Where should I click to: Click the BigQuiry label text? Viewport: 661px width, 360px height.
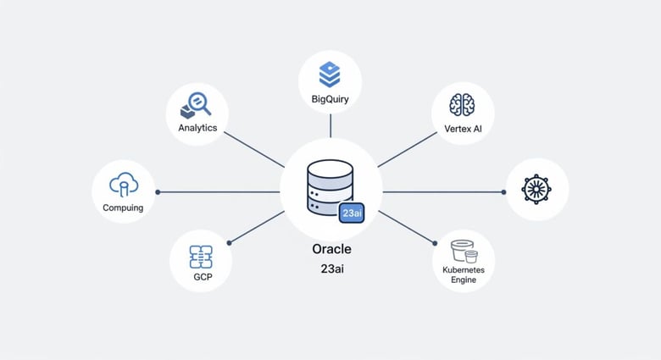(x=330, y=100)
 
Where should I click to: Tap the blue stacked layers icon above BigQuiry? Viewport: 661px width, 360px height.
(x=330, y=75)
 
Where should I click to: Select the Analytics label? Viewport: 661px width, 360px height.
(x=197, y=128)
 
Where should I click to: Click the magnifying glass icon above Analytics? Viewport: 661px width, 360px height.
(x=197, y=105)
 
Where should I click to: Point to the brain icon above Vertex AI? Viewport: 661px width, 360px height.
(x=462, y=104)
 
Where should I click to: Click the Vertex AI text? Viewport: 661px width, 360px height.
(x=463, y=129)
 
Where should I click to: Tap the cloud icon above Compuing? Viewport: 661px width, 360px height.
(x=124, y=184)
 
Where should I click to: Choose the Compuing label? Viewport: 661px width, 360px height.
(x=123, y=208)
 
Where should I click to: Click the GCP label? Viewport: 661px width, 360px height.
(x=201, y=277)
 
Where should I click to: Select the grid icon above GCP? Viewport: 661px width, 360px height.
(x=201, y=255)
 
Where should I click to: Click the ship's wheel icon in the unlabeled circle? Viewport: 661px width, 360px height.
(x=536, y=190)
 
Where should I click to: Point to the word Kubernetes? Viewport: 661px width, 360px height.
(x=464, y=269)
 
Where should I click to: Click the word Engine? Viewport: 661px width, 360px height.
(x=464, y=280)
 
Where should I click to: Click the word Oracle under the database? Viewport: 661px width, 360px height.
(x=330, y=250)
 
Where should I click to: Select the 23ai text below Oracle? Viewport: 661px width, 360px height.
(x=330, y=269)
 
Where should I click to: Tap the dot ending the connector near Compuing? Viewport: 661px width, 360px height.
(x=158, y=192)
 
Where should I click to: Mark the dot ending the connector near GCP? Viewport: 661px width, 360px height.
(x=230, y=243)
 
